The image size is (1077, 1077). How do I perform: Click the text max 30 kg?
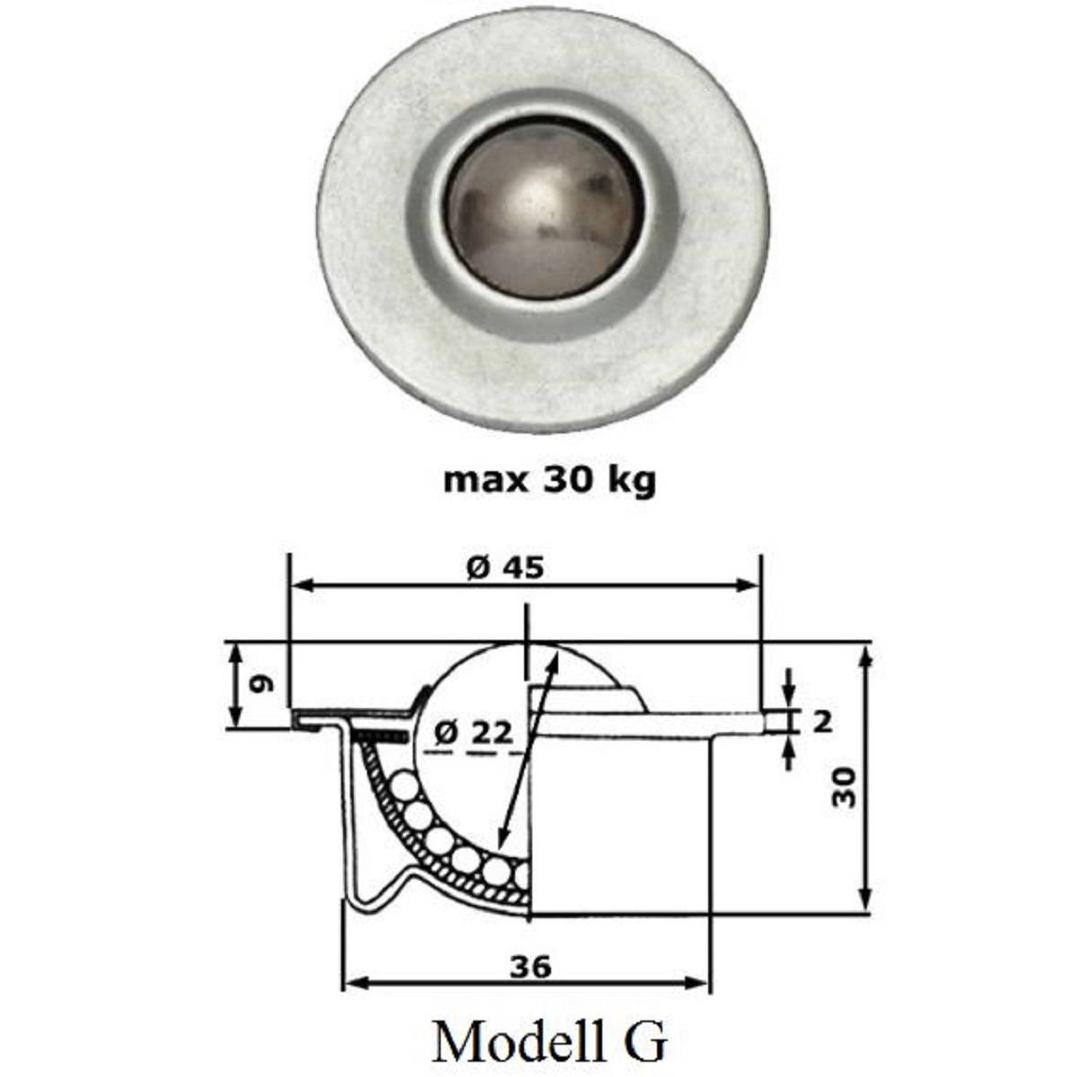[x=549, y=481]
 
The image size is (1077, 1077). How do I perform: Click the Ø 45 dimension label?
[x=505, y=567]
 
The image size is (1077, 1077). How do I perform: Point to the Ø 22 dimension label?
[x=474, y=733]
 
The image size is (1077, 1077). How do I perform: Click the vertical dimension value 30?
[x=845, y=787]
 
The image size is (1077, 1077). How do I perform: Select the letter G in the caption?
[x=644, y=1041]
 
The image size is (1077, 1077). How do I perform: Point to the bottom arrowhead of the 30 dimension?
[x=864, y=905]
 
